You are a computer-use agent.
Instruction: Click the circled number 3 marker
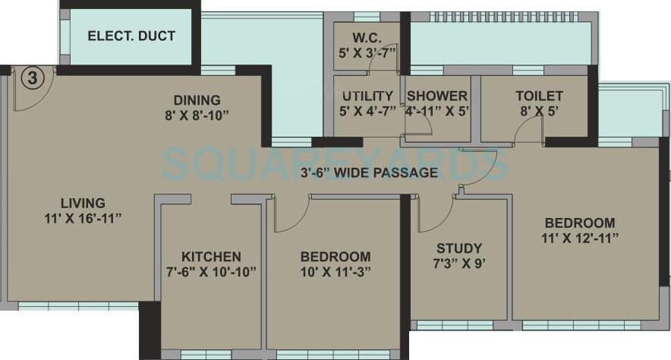pos(30,77)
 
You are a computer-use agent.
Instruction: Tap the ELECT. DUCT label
pos(131,36)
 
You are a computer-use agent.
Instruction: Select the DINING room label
pos(197,99)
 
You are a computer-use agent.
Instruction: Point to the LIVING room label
pos(83,203)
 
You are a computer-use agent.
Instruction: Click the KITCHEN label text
pos(211,257)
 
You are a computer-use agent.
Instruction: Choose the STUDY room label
pos(458,248)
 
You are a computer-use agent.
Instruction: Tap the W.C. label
pos(366,38)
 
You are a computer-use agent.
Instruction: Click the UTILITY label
pos(367,96)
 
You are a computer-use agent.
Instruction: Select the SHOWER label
pos(437,96)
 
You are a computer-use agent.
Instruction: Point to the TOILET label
pos(539,96)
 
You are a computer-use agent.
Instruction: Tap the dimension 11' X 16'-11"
pos(83,218)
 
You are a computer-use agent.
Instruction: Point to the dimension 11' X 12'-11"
pos(580,238)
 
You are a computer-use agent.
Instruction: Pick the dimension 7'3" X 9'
pos(458,264)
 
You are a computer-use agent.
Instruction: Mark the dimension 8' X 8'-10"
pos(197,115)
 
